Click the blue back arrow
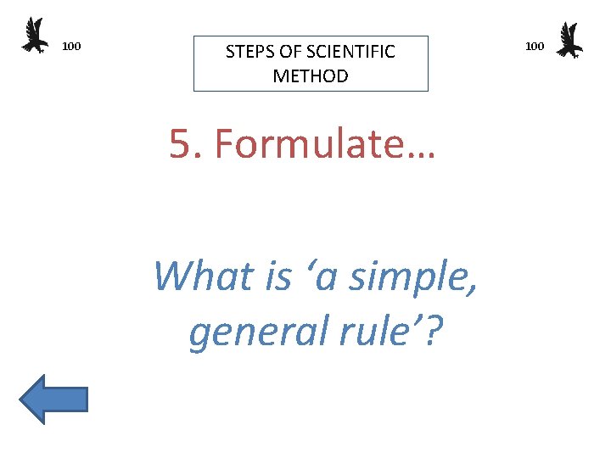(x=53, y=399)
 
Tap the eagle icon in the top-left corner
(x=35, y=36)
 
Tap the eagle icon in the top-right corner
(x=569, y=40)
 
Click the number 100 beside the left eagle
(x=72, y=46)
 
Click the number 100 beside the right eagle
(x=535, y=46)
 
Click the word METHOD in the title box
(x=311, y=75)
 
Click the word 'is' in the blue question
(x=278, y=276)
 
